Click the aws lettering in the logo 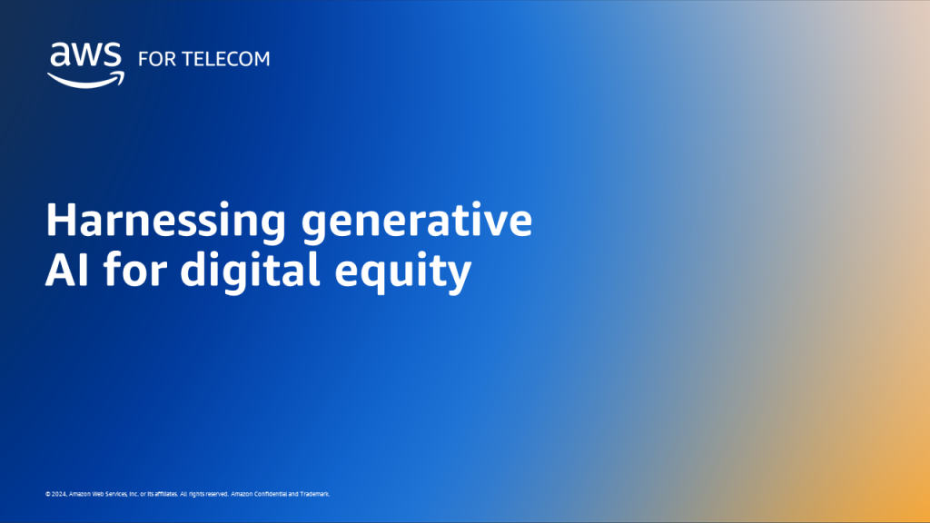[84, 56]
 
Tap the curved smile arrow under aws [84, 80]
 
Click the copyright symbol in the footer [47, 494]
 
